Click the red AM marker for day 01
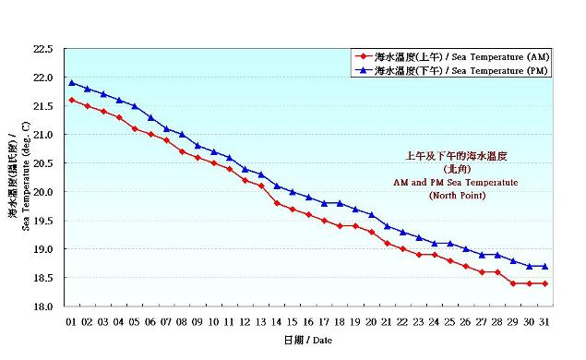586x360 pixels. coord(72,100)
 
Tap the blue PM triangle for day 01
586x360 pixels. coord(72,83)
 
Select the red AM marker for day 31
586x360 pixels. coord(544,283)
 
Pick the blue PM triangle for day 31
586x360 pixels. coord(544,266)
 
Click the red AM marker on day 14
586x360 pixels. coord(277,203)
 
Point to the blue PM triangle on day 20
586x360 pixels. coord(371,214)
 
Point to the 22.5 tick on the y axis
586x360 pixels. coord(45,49)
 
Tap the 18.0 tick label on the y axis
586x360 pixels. coord(45,306)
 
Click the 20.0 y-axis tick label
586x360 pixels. coord(45,192)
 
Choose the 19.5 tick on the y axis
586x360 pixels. coord(45,221)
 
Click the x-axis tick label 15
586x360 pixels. coord(293,321)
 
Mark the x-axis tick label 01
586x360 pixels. coord(72,321)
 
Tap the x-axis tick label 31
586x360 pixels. coord(544,321)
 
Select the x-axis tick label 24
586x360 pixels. coord(434,321)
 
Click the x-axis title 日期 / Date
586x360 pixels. coord(307,341)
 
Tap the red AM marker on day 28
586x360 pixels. coord(497,272)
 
